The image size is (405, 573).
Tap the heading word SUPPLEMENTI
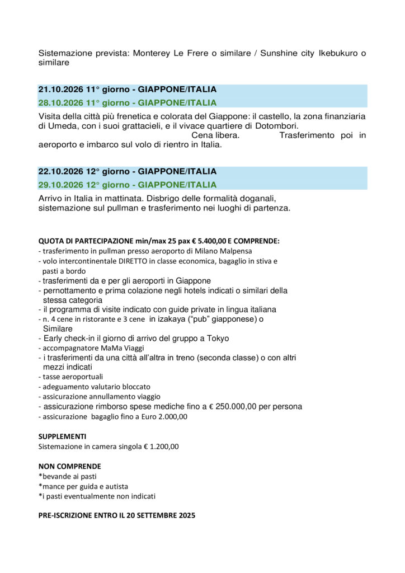tap(62, 436)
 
